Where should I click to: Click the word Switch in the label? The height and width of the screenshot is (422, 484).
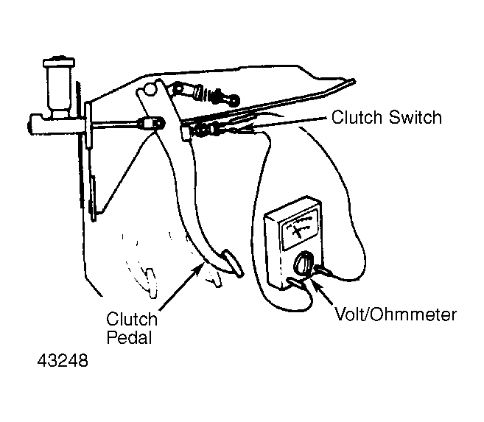tap(415, 118)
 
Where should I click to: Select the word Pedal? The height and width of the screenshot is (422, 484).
tap(130, 337)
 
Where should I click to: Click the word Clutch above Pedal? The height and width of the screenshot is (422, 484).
tap(132, 319)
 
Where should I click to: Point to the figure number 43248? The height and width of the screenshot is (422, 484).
tap(63, 360)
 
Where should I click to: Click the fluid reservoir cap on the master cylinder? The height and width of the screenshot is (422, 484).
tap(59, 62)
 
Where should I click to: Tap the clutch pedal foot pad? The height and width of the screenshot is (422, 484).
tap(233, 263)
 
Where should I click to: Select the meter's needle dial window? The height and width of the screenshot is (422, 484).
tap(300, 228)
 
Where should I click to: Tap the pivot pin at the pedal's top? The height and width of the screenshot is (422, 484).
tap(150, 88)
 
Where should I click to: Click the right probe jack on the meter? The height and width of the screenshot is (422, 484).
tap(323, 271)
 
